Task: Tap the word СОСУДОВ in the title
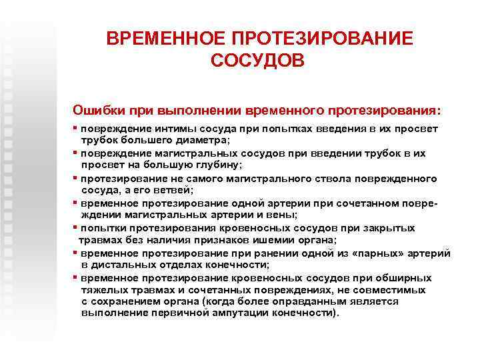[x=257, y=61]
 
